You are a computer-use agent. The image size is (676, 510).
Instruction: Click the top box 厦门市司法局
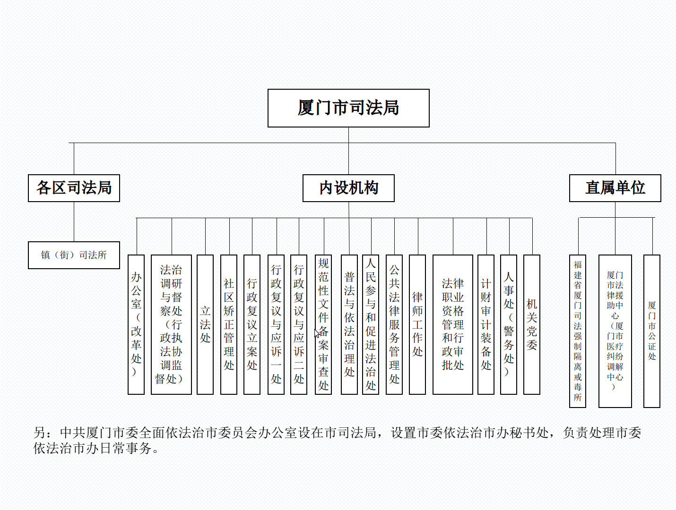coord(348,108)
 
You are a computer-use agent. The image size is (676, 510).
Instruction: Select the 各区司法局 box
coord(74,188)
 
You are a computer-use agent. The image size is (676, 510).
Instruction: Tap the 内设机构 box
coord(348,188)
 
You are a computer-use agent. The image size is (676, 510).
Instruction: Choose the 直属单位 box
coord(615,188)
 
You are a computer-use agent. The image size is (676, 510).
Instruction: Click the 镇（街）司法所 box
coord(74,255)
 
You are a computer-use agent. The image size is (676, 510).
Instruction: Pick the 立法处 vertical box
coord(205,324)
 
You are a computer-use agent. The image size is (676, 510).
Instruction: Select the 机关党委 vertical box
coord(532,324)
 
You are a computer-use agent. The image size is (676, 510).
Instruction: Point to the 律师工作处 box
coord(417,324)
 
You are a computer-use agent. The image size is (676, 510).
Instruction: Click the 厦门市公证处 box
coord(652,331)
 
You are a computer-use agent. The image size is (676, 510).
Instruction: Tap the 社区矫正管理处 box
coord(229,324)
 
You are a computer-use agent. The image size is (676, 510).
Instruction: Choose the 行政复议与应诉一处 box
coord(276,324)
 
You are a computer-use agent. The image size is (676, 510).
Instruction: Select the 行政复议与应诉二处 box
coord(299,324)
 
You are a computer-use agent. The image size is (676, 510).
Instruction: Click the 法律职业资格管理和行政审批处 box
coord(453,324)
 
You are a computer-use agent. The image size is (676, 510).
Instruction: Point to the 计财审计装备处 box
coord(486,324)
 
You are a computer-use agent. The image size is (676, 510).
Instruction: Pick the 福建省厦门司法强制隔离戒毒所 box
coord(578,331)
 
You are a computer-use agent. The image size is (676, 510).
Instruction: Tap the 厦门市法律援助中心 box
coord(615,331)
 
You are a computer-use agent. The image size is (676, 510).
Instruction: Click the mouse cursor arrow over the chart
coord(317,333)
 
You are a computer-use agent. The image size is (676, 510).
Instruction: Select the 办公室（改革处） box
coord(136,324)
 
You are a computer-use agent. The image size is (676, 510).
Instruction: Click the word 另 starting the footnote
coord(40,433)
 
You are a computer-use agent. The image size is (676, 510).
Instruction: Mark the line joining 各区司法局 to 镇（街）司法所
coord(74,222)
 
